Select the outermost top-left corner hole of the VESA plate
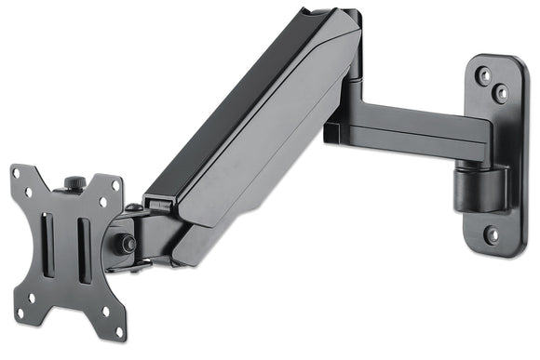[16, 174]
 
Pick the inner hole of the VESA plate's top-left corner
[30, 193]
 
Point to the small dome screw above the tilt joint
[133, 207]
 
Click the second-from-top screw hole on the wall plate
[503, 91]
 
